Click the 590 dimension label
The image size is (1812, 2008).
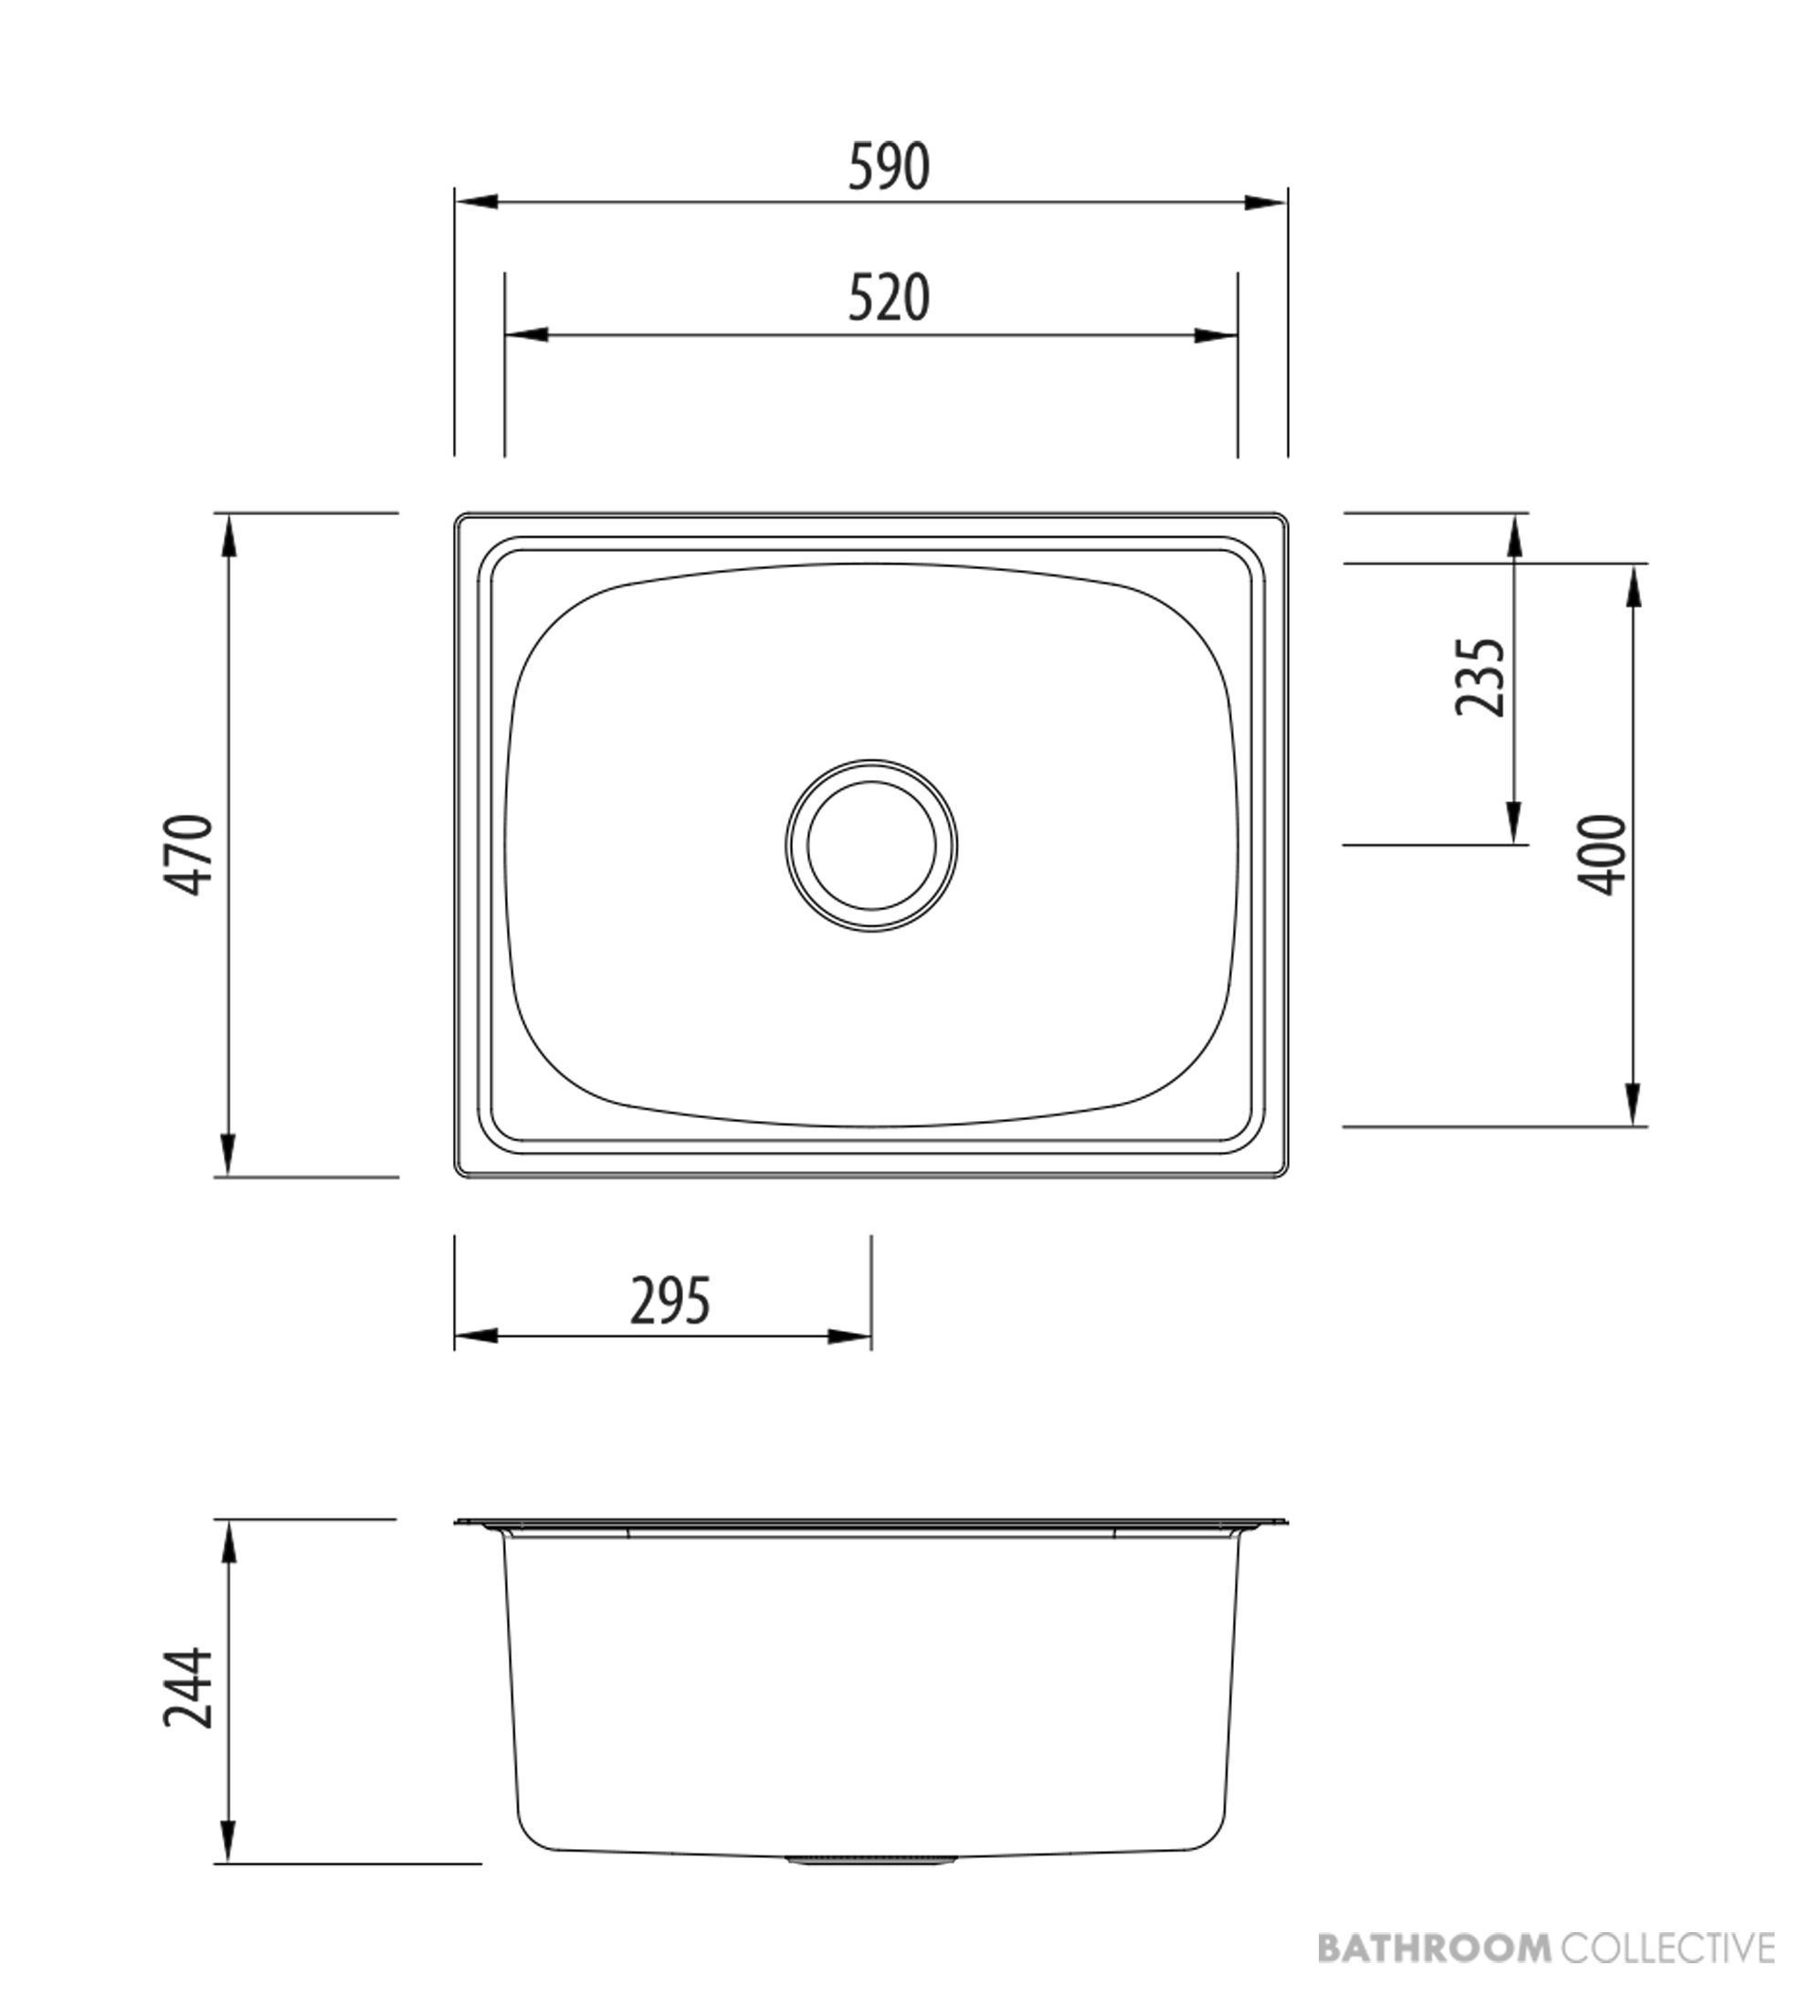889,167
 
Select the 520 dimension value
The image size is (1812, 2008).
889,298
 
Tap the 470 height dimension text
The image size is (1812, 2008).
188,854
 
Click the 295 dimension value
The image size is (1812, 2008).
671,1302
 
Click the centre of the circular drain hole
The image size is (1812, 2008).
871,846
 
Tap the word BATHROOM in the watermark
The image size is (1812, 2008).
1435,1947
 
